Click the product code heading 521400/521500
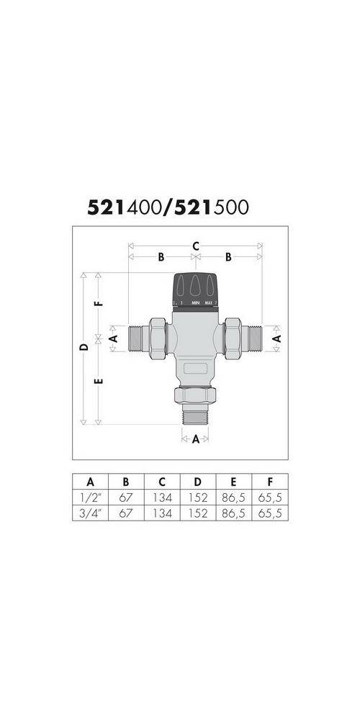pos(168,207)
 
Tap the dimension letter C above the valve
pos(195,246)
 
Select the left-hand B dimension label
pos(161,257)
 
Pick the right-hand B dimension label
pos(228,257)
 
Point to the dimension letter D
pos(84,347)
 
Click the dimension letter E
pos(99,379)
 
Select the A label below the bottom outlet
pos(194,439)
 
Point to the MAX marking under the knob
pos(210,303)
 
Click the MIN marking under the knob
pos(194,303)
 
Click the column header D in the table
pos(200,481)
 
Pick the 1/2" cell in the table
pos(90,498)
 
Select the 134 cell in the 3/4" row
pos(163,513)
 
